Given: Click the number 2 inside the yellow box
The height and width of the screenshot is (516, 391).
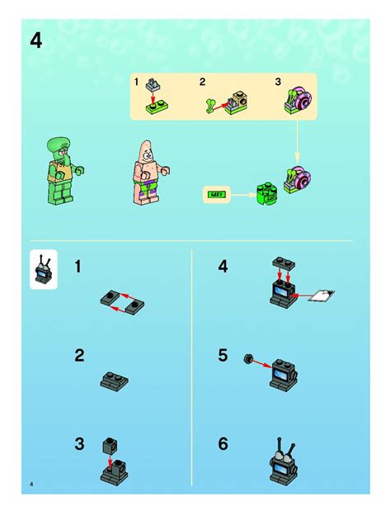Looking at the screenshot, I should [x=202, y=81].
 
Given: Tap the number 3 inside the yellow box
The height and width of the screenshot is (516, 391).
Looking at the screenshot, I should [x=278, y=81].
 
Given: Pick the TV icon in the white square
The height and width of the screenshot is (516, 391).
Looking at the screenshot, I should [x=43, y=268].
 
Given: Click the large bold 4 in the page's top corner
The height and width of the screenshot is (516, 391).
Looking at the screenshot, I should [x=35, y=40].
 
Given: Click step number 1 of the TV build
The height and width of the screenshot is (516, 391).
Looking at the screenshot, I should [x=79, y=267].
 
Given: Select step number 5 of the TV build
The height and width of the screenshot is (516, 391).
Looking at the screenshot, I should [x=223, y=356].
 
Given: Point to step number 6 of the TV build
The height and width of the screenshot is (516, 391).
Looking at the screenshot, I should [x=223, y=444].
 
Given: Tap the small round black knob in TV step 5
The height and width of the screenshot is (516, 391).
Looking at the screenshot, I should [x=247, y=359].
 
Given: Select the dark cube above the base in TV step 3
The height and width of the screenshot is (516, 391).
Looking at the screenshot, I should [x=110, y=446].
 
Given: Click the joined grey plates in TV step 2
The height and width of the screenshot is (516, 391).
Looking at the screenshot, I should [x=114, y=381].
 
